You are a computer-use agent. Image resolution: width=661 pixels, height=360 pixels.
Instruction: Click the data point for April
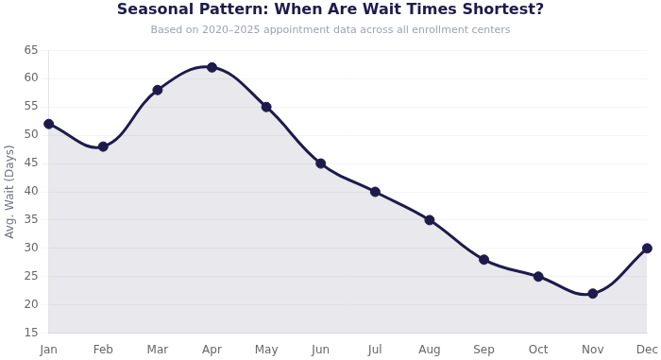212,67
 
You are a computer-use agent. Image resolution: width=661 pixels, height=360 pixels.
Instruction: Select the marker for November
593,294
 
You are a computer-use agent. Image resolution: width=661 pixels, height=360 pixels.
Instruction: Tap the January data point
49,124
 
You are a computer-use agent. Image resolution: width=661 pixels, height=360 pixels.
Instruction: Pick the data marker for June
321,163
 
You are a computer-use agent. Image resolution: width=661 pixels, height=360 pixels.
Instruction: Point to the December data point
647,249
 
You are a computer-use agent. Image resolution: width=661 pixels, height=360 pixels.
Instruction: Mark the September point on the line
483,260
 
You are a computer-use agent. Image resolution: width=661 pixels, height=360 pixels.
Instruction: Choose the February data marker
103,146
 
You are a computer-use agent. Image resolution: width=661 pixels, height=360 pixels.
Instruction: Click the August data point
430,220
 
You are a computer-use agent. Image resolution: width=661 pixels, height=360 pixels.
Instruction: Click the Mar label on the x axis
158,350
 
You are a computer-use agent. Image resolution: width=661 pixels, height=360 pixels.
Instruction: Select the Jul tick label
375,350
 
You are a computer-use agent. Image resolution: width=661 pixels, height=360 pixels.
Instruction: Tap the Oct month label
538,350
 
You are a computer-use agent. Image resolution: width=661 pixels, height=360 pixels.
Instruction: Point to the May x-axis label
266,350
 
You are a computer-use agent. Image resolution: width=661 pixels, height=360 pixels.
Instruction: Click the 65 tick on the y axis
31,49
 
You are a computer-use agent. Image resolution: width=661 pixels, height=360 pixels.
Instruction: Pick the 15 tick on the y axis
31,333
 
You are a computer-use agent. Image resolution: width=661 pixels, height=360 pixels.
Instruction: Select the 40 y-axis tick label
31,191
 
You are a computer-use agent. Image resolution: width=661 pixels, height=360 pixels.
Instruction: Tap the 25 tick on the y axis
31,276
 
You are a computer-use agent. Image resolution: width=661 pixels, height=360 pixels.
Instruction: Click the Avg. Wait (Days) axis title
10,191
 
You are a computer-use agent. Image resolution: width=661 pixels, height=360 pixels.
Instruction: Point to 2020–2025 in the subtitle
236,30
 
